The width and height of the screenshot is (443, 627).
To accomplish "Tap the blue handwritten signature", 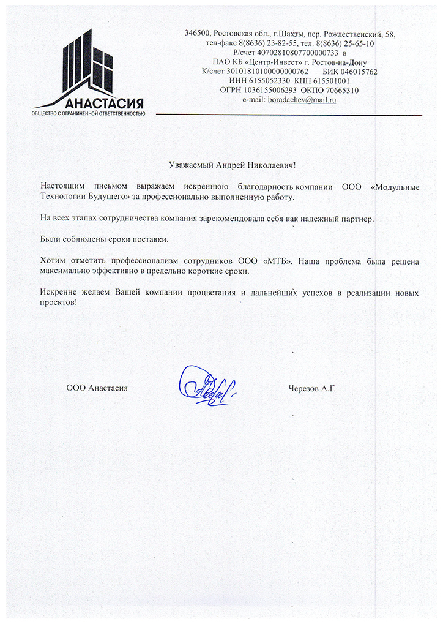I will (x=205, y=383).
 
